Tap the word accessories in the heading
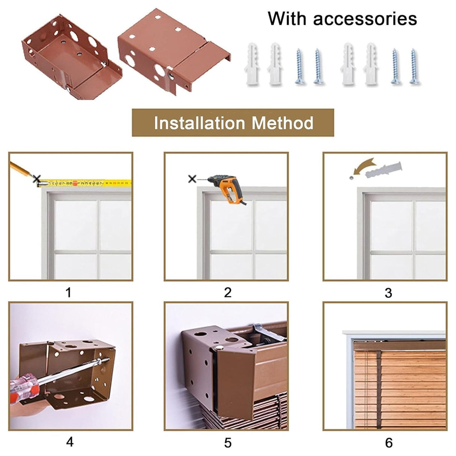point(365,19)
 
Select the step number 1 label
point(68,292)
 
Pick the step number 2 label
point(228,292)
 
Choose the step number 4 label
point(69,442)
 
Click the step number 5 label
point(228,442)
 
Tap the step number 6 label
point(389,442)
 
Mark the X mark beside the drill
point(192,179)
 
